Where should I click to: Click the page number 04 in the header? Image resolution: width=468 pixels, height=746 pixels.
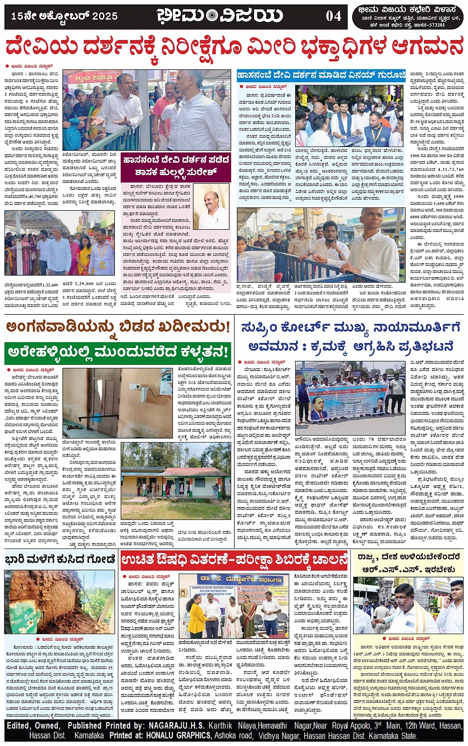point(333,16)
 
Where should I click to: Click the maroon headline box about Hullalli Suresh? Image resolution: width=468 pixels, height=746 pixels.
point(176,166)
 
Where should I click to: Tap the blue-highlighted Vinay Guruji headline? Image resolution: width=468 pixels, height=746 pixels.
point(320,75)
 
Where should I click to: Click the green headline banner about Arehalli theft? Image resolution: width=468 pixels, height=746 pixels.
point(118,352)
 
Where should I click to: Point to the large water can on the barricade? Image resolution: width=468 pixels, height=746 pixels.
point(256,266)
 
